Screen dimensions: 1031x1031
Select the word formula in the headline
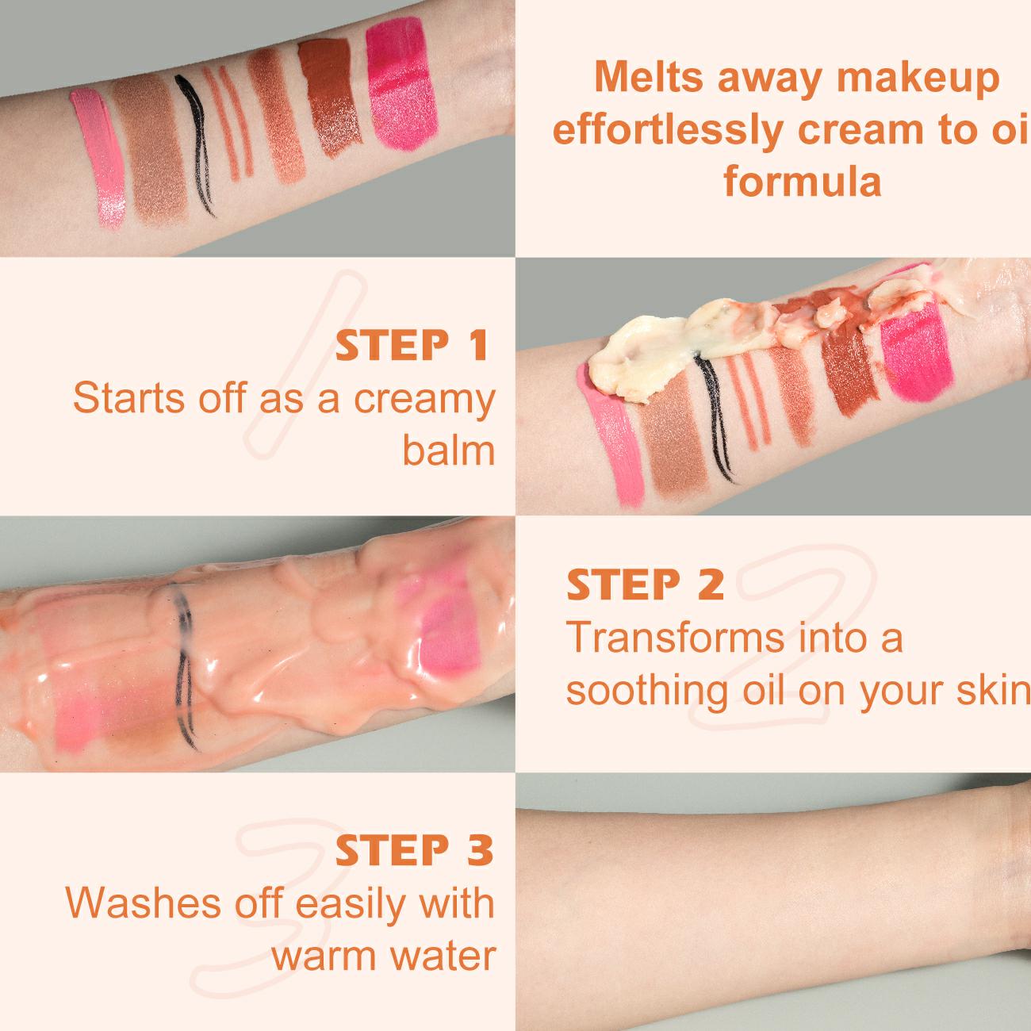click(802, 182)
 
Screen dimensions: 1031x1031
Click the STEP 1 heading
click(412, 346)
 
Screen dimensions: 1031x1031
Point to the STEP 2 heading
click(646, 584)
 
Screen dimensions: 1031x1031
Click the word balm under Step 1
click(448, 451)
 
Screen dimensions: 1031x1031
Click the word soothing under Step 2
click(647, 691)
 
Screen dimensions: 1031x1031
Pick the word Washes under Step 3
click(143, 903)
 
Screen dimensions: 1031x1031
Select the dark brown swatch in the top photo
click(329, 97)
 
